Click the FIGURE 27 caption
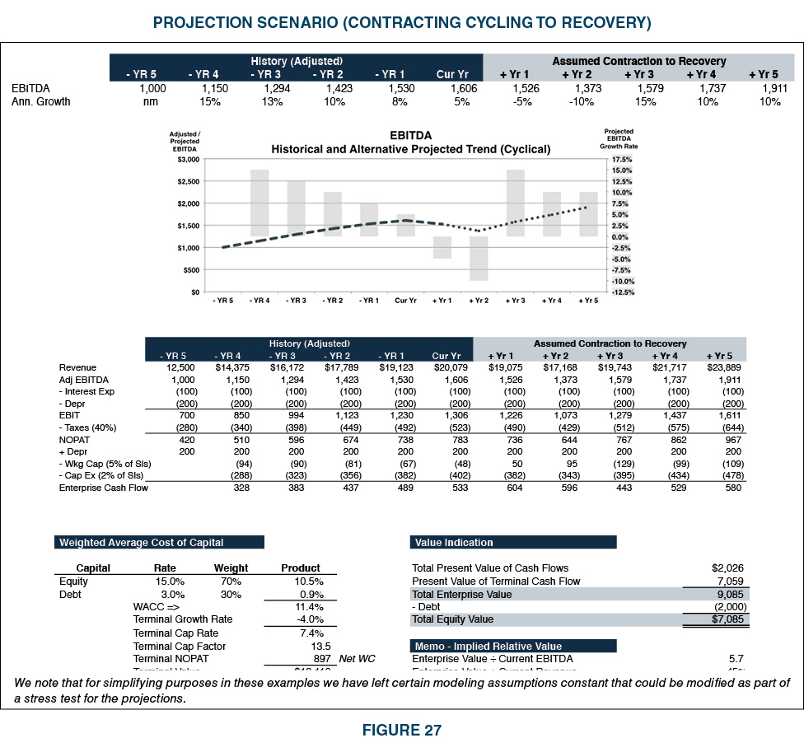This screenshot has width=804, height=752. click(x=401, y=730)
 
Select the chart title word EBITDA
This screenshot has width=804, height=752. click(x=410, y=135)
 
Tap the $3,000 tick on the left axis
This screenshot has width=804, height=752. click(x=189, y=158)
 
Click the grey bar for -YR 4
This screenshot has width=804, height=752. click(x=259, y=203)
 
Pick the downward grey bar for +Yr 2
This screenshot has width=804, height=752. click(x=479, y=259)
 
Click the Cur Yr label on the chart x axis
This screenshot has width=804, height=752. click(x=405, y=301)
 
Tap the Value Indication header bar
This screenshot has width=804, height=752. click(x=512, y=542)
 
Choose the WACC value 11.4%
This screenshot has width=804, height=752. click(x=309, y=607)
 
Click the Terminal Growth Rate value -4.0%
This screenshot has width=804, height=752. click(x=309, y=619)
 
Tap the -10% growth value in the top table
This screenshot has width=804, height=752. click(x=582, y=102)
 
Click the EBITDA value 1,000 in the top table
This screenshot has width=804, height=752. click(x=152, y=88)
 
